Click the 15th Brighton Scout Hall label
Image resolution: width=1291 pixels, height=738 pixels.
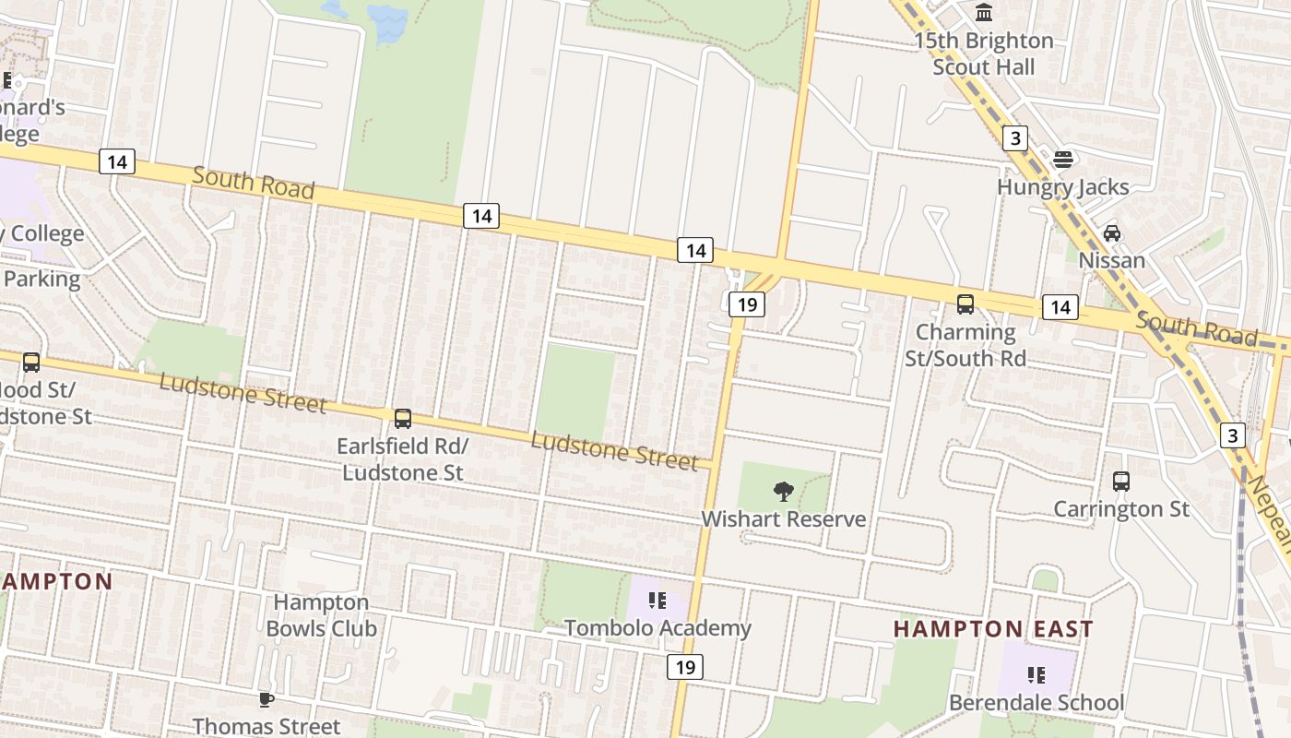click(983, 54)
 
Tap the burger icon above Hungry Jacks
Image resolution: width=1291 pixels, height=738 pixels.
click(1062, 160)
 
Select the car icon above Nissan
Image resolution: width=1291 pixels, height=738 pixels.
click(1112, 233)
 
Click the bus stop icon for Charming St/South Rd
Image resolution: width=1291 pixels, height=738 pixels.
click(965, 304)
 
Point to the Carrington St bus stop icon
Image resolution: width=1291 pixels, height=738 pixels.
click(1121, 482)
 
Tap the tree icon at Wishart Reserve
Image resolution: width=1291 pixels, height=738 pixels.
click(784, 491)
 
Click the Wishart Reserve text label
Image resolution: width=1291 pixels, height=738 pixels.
click(784, 519)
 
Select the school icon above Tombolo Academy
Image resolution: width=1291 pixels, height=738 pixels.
click(657, 601)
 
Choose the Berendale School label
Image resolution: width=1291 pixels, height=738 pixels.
click(1036, 703)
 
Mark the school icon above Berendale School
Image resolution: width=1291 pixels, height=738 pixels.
click(1036, 675)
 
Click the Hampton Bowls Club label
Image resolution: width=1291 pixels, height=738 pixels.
click(321, 615)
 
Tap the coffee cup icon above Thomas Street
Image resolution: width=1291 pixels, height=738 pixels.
click(266, 699)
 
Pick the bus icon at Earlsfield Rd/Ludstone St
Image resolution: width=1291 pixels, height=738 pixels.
click(403, 419)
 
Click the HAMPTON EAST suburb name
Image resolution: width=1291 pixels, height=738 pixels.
click(993, 629)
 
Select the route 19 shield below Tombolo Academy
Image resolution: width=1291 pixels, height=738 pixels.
click(685, 667)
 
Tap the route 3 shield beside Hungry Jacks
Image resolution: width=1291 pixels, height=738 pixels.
click(1015, 138)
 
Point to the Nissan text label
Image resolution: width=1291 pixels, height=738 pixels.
click(1112, 260)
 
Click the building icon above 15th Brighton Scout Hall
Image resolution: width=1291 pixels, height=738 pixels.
click(984, 13)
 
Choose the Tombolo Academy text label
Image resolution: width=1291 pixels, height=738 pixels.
click(657, 629)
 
